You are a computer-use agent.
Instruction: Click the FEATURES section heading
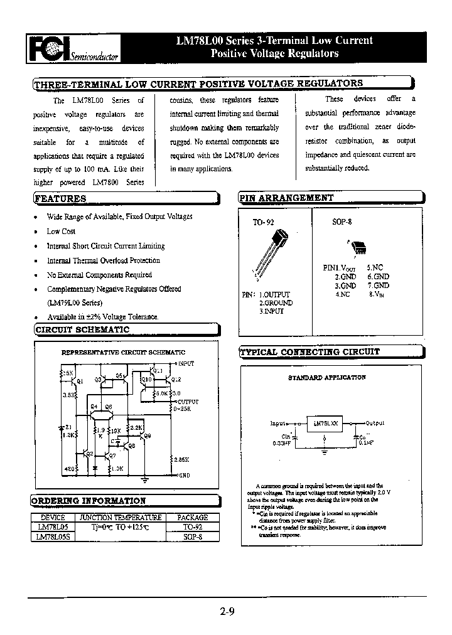click(x=60, y=198)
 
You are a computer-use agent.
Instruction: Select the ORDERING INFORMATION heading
click(x=89, y=501)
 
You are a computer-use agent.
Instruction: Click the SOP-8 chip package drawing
click(x=360, y=246)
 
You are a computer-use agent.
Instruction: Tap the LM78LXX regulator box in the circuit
click(x=324, y=423)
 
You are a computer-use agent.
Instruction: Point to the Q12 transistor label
click(x=176, y=380)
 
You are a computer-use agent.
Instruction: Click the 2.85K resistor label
click(x=182, y=459)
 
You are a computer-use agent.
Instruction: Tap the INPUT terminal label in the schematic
click(x=186, y=364)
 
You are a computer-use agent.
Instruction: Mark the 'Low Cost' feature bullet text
click(x=61, y=231)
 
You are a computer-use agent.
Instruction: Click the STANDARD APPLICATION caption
click(x=326, y=378)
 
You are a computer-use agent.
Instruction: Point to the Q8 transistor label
click(x=148, y=435)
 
